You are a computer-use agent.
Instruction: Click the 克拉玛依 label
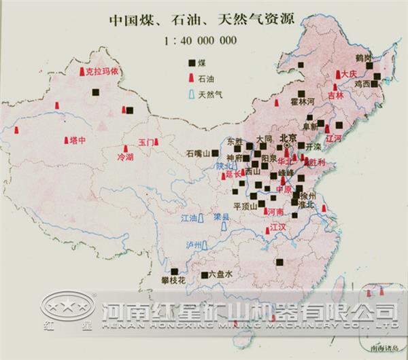click(101, 69)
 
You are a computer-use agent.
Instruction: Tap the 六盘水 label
click(220, 274)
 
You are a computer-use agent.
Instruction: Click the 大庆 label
click(348, 73)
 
